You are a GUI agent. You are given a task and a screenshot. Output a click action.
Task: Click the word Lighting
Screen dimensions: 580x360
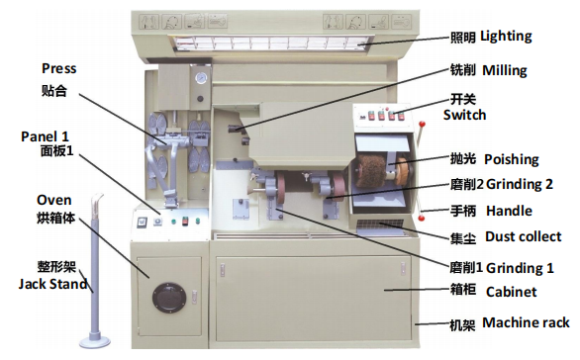click(506, 37)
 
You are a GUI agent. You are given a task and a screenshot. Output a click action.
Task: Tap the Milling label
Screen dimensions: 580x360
click(505, 70)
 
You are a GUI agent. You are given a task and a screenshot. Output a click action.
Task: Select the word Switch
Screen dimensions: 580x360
click(464, 115)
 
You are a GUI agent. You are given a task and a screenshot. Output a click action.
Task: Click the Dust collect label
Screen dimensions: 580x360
click(523, 236)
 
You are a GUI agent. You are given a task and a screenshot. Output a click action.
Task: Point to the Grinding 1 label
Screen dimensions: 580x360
click(520, 268)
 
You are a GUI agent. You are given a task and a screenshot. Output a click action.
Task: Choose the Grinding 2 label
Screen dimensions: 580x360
click(520, 184)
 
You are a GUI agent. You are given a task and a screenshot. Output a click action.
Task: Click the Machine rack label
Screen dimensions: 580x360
click(526, 322)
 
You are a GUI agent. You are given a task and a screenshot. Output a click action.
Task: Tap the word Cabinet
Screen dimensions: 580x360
click(511, 292)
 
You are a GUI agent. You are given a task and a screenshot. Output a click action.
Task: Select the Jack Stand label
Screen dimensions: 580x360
click(52, 284)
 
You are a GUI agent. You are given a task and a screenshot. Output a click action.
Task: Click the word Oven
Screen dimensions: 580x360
click(54, 201)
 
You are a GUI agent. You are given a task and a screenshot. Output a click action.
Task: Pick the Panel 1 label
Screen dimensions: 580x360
click(45, 136)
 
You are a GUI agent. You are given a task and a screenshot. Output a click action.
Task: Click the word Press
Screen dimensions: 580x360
click(58, 69)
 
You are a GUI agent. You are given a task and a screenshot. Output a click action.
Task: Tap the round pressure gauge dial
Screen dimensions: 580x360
click(201, 78)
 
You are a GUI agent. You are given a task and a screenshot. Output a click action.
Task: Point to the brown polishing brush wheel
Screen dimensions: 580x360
click(371, 171)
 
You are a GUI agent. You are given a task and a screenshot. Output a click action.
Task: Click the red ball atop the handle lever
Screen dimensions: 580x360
click(422, 125)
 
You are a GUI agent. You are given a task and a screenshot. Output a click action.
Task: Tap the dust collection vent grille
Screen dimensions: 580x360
click(380, 225)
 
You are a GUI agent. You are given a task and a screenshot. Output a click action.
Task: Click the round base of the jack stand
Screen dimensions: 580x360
click(95, 340)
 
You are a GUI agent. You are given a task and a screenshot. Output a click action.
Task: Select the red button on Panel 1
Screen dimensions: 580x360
click(185, 222)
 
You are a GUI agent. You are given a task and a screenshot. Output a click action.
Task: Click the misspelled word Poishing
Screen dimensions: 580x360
click(511, 159)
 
